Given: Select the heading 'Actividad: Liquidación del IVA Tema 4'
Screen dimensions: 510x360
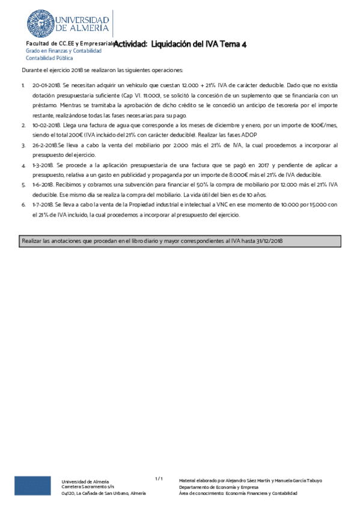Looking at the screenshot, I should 180,44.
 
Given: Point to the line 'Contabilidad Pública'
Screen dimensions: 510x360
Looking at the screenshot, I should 49,58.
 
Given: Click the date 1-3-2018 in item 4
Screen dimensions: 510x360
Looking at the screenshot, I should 43,165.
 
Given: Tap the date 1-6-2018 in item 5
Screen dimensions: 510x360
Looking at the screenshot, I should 43,184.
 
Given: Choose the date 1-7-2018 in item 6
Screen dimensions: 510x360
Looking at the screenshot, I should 43,204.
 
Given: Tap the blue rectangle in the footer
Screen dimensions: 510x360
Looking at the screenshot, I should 32,486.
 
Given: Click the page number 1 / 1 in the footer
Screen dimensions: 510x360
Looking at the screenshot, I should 159,479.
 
